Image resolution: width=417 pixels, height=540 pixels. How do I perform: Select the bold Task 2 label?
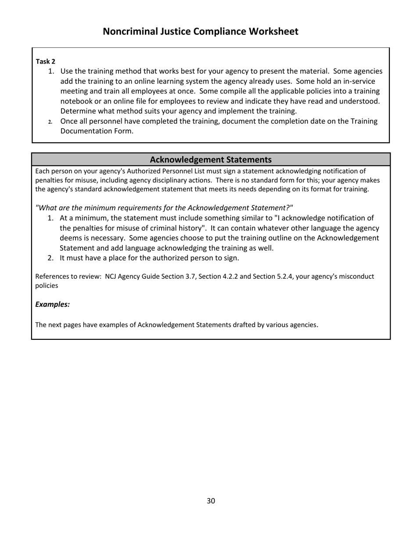pos(45,61)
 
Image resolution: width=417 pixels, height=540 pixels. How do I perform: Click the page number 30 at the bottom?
pos(211,501)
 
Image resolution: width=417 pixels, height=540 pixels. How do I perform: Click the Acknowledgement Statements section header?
pos(211,160)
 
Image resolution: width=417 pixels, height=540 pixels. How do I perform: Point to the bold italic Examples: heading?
pos(52,304)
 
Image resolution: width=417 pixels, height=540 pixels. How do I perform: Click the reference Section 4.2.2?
pos(218,277)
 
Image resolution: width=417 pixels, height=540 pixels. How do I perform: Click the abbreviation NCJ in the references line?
pos(112,277)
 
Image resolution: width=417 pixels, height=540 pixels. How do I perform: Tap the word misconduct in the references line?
pos(356,277)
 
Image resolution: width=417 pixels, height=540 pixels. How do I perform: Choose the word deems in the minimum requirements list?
pos(70,238)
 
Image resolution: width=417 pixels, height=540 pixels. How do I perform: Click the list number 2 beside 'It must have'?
pos(50,258)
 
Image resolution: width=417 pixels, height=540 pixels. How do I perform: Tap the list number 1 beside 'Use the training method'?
pos(50,71)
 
